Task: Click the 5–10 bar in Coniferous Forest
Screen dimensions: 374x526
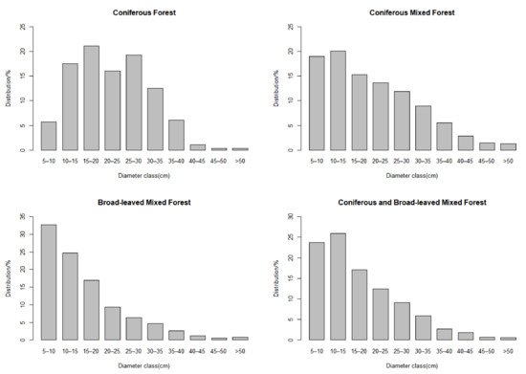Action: click(x=49, y=135)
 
